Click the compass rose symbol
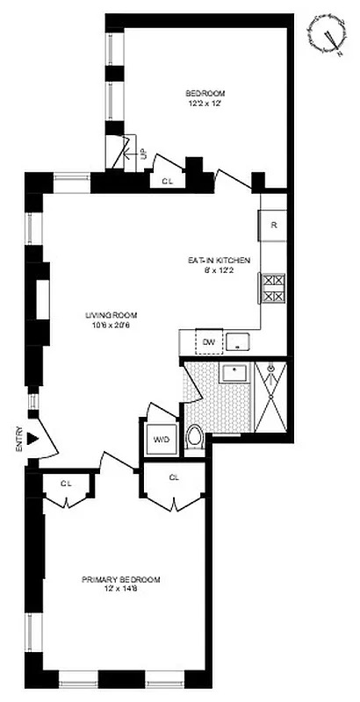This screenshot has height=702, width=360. (x=328, y=38)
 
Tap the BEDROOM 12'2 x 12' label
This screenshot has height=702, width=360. (x=205, y=99)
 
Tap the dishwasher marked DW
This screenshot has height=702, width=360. (x=208, y=341)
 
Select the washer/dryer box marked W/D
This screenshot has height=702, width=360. (x=162, y=438)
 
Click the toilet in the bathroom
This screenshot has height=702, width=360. (x=196, y=437)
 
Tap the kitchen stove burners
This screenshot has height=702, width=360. (x=272, y=290)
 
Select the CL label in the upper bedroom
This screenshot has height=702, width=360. (x=168, y=182)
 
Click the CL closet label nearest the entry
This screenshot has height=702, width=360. (x=67, y=484)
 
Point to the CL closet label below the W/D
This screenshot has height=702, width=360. (x=174, y=477)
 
